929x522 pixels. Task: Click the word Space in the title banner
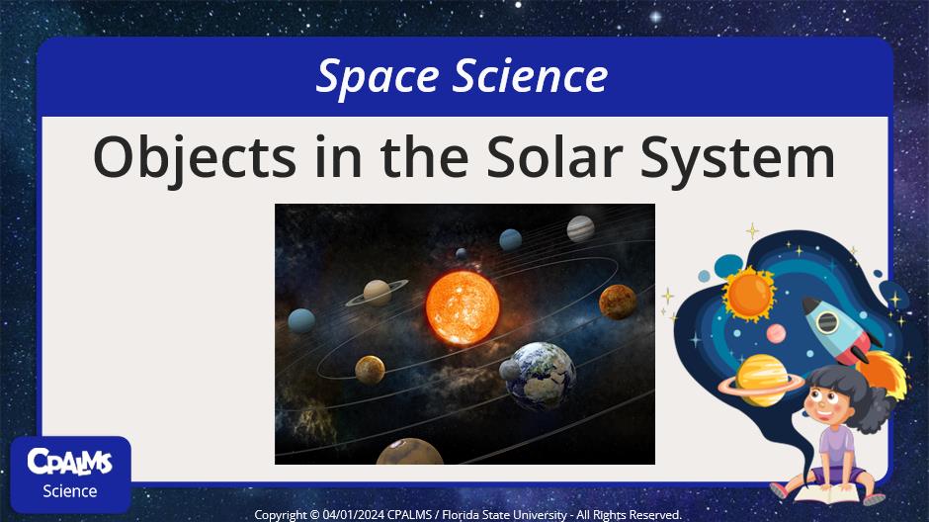(x=378, y=77)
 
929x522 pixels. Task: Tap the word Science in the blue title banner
(x=531, y=76)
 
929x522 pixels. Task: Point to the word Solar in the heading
(x=554, y=156)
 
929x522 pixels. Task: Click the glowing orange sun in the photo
(x=463, y=307)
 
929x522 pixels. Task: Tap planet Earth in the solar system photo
(x=542, y=376)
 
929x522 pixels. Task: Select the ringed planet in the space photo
(x=377, y=292)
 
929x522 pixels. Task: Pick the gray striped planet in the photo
(x=581, y=229)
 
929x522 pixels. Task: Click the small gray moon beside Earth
(x=509, y=371)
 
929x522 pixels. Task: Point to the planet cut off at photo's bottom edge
(x=409, y=452)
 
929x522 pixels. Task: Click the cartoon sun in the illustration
(x=749, y=294)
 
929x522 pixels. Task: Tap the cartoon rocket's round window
(x=827, y=323)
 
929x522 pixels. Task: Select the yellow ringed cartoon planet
(x=761, y=381)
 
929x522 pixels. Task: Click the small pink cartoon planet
(x=776, y=333)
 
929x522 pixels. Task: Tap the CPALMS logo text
(x=70, y=462)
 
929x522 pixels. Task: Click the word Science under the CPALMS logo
(x=70, y=491)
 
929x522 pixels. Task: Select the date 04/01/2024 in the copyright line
(x=354, y=515)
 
